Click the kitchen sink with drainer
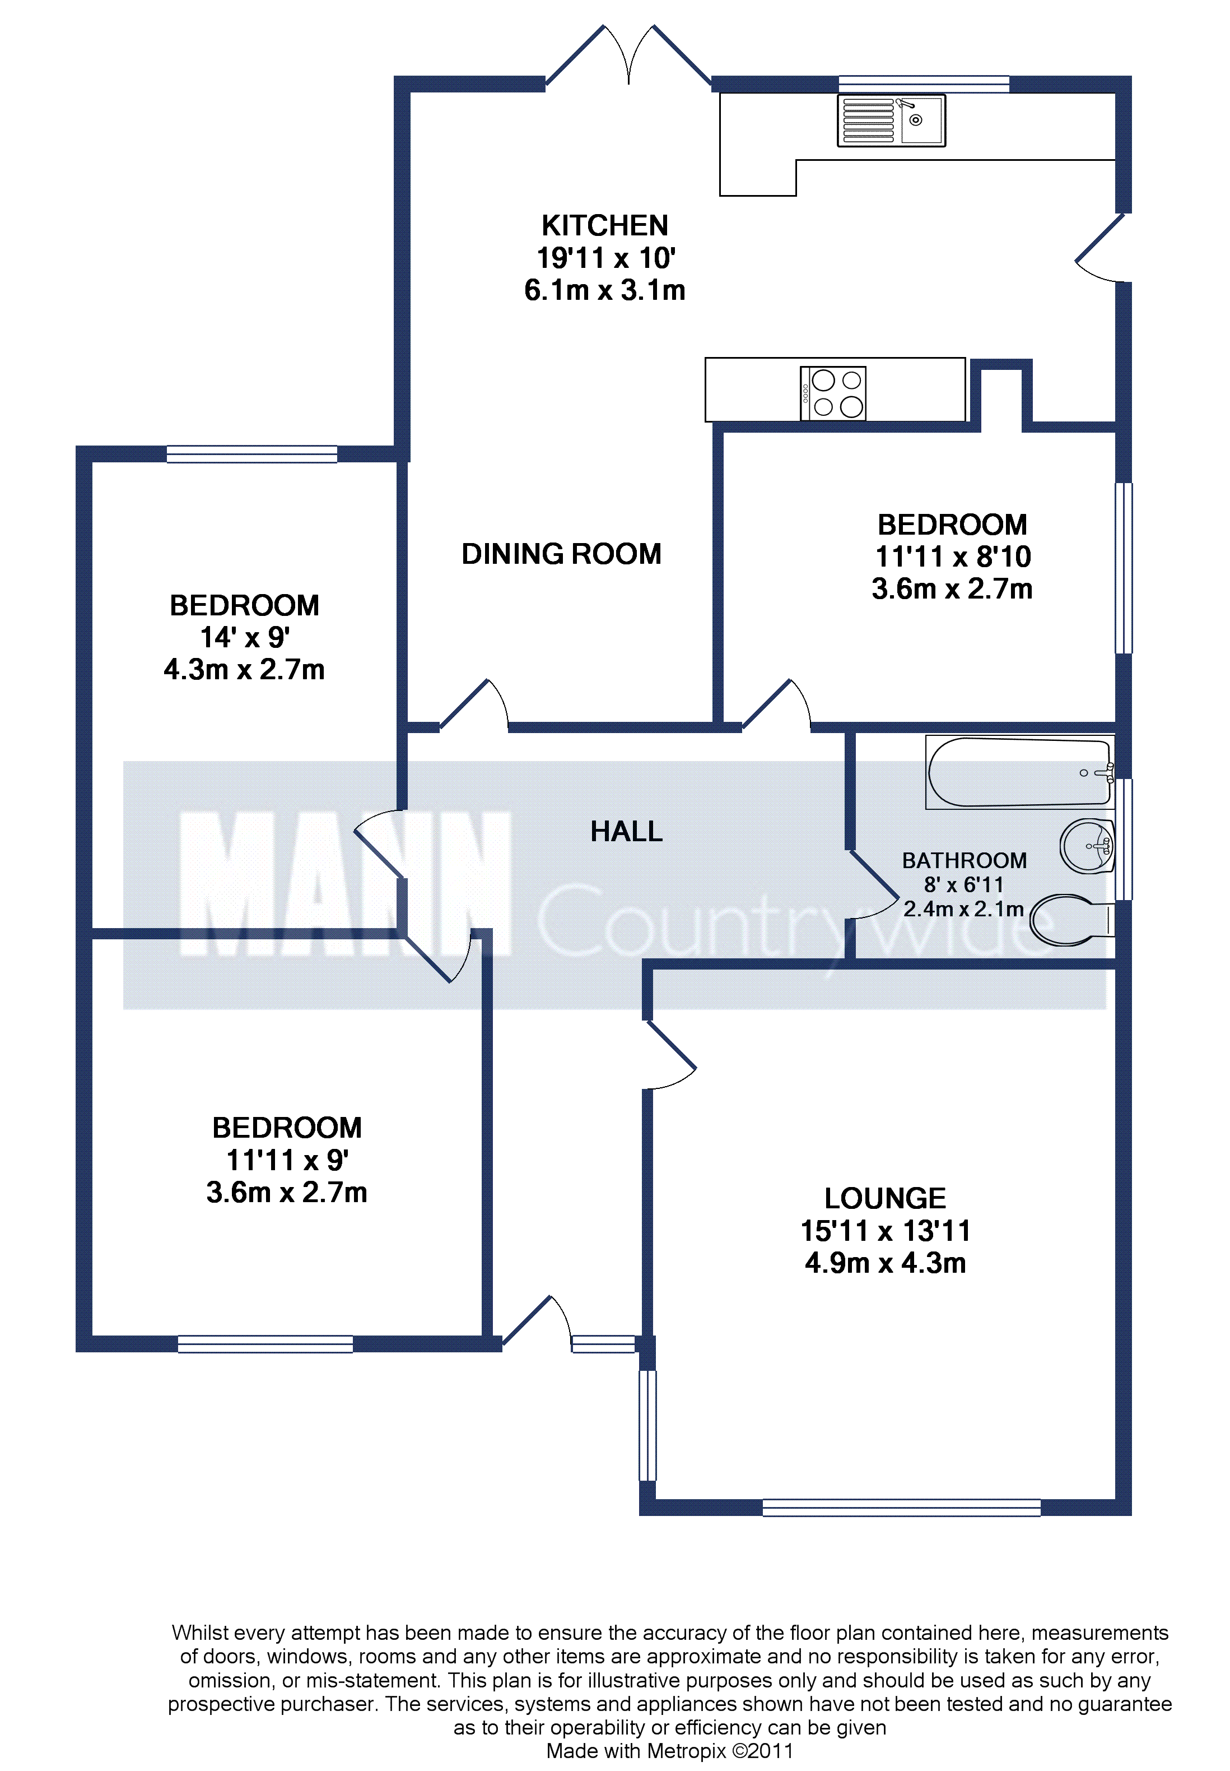coord(891,120)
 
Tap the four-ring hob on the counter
coord(832,393)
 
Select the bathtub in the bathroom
coord(1019,772)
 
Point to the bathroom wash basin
coord(1087,846)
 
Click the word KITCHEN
coord(605,226)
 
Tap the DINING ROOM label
coord(561,554)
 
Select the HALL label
coord(627,831)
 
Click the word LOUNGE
coord(885,1198)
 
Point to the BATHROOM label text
coord(964,860)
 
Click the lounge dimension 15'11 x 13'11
coord(885,1231)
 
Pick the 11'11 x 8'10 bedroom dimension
coord(953,557)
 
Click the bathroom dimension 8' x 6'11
coord(964,885)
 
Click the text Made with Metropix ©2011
coord(670,1751)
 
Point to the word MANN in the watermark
coord(345,884)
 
